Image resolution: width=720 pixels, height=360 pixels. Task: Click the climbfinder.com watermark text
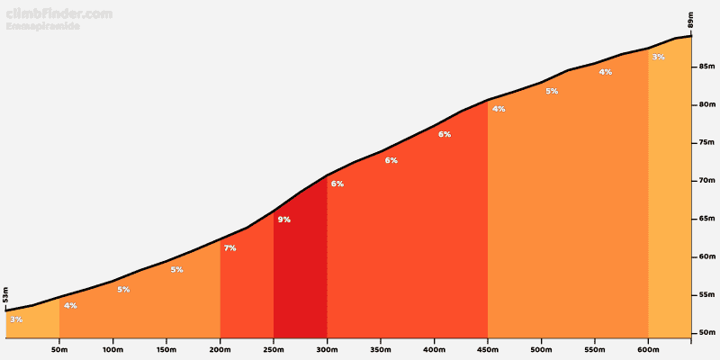tap(59, 13)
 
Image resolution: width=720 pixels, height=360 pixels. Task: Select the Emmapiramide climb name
tap(43, 27)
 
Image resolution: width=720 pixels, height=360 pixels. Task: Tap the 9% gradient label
tap(283, 220)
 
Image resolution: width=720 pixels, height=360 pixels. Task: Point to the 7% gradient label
tap(229, 247)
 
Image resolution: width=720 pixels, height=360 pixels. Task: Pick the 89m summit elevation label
tap(690, 20)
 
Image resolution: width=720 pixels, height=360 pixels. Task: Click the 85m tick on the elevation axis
tap(706, 67)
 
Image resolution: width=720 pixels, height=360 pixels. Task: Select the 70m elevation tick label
tap(706, 181)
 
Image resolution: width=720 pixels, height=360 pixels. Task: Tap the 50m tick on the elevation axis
tap(706, 333)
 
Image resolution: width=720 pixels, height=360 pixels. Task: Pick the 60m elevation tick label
tap(706, 257)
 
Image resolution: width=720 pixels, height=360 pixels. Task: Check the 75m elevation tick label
tap(706, 143)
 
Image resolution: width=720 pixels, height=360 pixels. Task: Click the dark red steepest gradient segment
tap(300, 270)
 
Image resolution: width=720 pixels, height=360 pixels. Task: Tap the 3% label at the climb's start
tap(16, 319)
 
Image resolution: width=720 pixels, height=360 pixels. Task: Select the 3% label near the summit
tap(658, 58)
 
